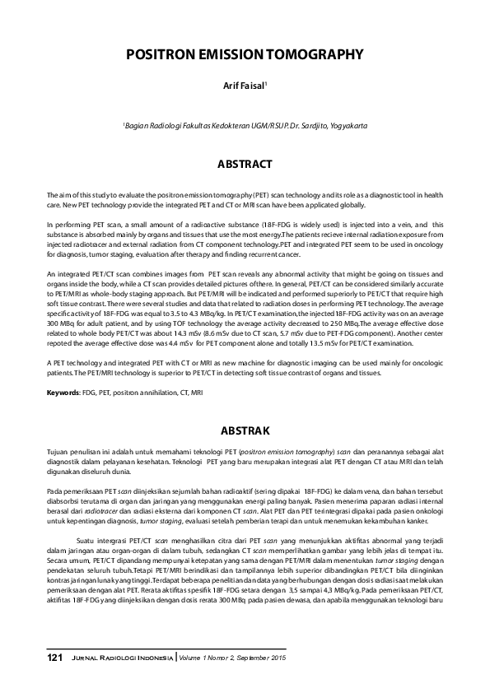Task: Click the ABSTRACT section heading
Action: tap(245, 165)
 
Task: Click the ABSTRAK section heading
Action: tap(245, 430)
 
